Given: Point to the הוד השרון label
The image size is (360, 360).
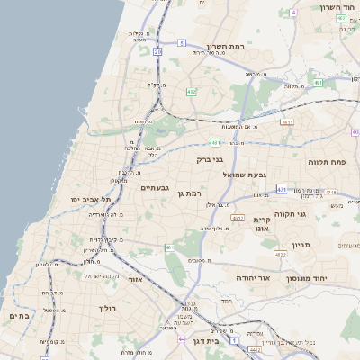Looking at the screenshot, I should [x=338, y=7].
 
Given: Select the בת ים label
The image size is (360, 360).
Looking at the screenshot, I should [x=20, y=316].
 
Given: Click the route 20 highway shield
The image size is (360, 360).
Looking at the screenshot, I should [x=157, y=52].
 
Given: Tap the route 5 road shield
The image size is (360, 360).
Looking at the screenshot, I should [x=181, y=42].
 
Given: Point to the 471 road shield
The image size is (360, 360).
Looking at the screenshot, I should [x=282, y=190].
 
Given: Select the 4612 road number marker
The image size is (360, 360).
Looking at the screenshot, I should [x=238, y=219].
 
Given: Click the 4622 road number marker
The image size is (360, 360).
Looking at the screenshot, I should [x=280, y=255].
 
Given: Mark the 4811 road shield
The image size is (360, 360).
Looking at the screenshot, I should [x=287, y=122].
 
